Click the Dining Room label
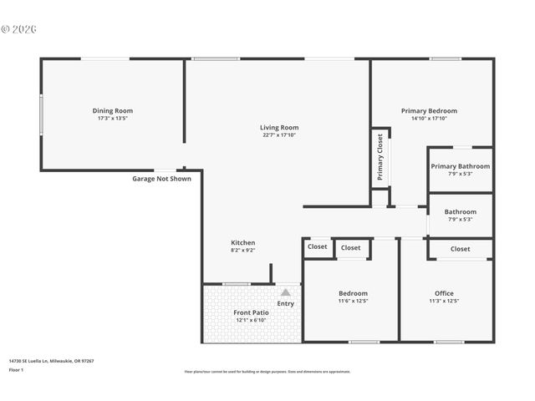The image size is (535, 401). [x=112, y=110]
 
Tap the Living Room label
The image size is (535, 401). [x=279, y=127]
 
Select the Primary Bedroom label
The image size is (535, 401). [x=429, y=110]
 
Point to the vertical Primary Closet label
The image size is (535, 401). [x=380, y=157]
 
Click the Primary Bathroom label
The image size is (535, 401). [x=460, y=166]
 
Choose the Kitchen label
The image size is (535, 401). [x=243, y=242]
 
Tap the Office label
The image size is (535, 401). [x=444, y=293]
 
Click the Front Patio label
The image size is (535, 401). [x=250, y=312]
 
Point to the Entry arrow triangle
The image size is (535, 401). [x=286, y=292]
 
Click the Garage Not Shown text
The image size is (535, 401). [x=161, y=178]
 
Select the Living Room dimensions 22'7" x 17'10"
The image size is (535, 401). [x=279, y=135]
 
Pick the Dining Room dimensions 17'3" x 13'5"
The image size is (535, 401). [x=112, y=118]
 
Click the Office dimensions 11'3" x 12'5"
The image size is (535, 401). [x=444, y=301]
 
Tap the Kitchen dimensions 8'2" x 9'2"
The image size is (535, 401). [x=243, y=250]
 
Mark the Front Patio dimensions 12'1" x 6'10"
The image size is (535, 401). [x=250, y=320]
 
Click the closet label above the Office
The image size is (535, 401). [x=460, y=248]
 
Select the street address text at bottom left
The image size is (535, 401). [x=51, y=361]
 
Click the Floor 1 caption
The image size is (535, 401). [x=17, y=369]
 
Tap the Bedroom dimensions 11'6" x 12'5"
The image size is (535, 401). [x=352, y=301]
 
